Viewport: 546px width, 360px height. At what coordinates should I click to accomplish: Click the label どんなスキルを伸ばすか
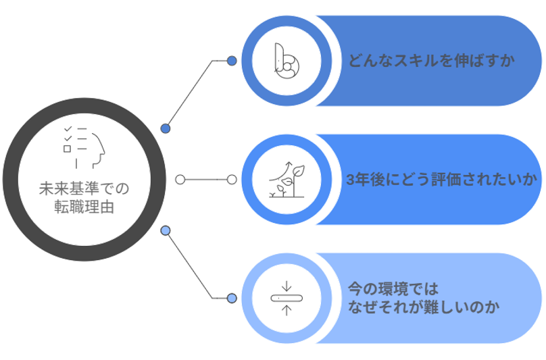432,61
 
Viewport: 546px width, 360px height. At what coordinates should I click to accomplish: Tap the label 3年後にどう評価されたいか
440,180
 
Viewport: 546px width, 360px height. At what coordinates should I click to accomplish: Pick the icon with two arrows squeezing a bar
286,298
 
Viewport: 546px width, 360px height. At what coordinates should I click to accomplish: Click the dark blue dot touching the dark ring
165,128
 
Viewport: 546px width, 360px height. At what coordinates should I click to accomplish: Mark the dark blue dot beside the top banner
232,61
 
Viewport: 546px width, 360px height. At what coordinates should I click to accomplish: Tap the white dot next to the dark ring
180,180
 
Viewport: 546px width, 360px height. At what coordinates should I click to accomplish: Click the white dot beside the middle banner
232,180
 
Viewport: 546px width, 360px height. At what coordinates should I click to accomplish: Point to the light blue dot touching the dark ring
165,232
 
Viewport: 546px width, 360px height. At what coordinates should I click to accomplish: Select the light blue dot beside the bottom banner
232,298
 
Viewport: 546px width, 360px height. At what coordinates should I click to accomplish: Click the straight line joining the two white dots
205,180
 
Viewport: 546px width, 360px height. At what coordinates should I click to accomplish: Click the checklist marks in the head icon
68,138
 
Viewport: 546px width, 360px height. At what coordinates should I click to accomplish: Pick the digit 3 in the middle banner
349,180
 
